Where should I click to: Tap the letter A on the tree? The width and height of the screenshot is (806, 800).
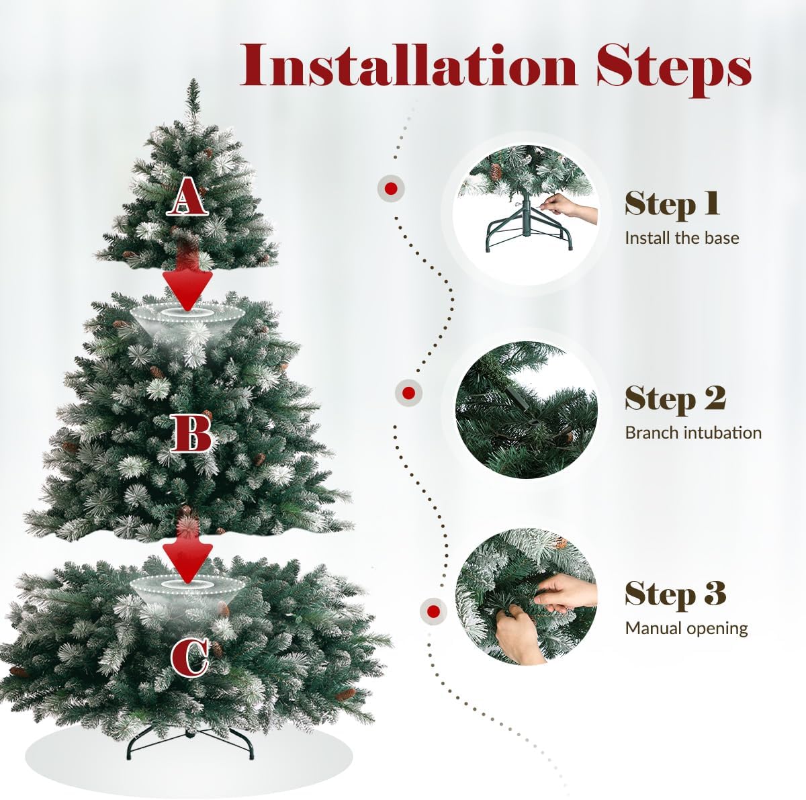click(x=187, y=195)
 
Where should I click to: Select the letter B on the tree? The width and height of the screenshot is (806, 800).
click(x=190, y=433)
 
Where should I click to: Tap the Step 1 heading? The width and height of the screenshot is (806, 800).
click(x=672, y=204)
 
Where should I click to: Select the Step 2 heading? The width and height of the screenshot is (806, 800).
click(x=675, y=398)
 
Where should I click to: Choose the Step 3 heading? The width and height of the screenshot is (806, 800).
click(x=675, y=594)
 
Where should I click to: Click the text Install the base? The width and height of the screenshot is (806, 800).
click(x=681, y=238)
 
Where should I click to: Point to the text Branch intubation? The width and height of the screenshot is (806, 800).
click(x=692, y=433)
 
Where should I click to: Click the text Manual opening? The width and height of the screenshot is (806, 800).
click(x=686, y=629)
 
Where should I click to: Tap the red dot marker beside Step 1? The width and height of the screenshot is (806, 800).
click(x=390, y=188)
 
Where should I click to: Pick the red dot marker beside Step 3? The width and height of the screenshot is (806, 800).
click(x=433, y=611)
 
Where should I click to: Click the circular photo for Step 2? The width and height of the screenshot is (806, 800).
click(x=526, y=410)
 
